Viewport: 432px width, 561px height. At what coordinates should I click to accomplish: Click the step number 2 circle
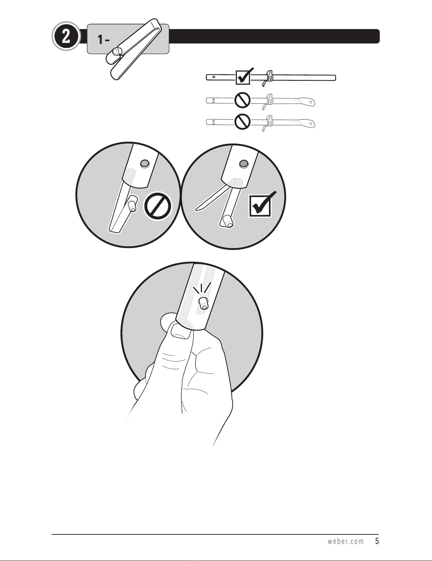(66, 37)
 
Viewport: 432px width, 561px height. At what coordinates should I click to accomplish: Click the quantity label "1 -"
(104, 40)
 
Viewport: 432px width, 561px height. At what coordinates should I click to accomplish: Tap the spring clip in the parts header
(133, 49)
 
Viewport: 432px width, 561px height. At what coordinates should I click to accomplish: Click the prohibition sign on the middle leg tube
(243, 100)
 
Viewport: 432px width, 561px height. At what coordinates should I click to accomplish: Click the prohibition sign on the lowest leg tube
(243, 122)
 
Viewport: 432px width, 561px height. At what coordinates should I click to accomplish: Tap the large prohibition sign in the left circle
(158, 206)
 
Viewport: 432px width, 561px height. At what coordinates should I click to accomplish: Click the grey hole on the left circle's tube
(145, 163)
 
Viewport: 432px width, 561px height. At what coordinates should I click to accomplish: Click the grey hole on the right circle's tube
(244, 164)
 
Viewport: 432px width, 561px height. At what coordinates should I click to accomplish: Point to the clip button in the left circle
(132, 203)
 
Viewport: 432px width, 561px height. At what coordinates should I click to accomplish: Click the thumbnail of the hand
(182, 331)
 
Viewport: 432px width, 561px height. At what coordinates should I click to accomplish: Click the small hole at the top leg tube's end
(214, 77)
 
